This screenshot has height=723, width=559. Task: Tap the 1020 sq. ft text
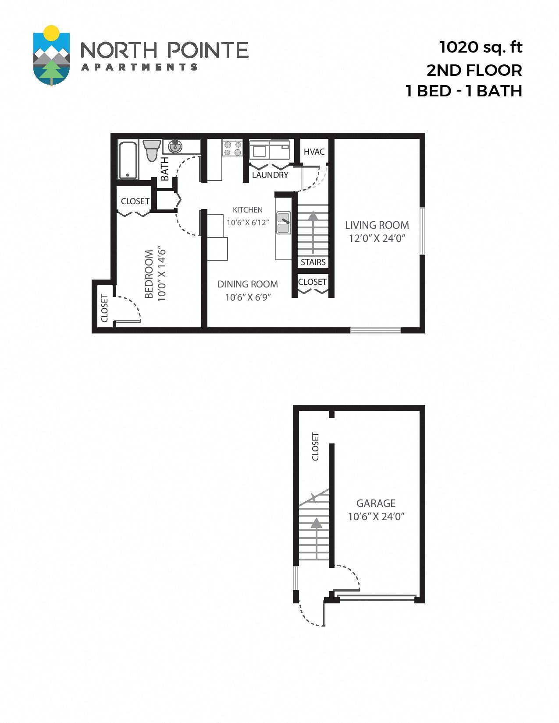click(481, 47)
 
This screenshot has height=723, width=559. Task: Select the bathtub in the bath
click(128, 160)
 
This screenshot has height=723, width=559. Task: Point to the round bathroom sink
click(175, 146)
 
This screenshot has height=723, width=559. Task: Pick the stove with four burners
click(232, 148)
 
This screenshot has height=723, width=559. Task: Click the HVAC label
click(314, 152)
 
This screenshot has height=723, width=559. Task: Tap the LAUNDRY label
click(270, 175)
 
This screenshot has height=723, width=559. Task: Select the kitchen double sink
click(283, 223)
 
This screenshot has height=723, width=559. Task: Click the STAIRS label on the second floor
click(313, 262)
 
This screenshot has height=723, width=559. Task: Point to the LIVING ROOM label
click(377, 225)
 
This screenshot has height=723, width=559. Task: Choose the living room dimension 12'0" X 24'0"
click(377, 238)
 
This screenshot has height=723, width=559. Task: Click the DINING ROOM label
click(248, 284)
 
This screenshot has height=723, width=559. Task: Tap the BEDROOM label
click(149, 274)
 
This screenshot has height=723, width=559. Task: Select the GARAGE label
click(376, 503)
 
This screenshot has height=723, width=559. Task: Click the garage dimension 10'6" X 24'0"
click(376, 517)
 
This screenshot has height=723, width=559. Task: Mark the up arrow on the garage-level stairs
click(316, 523)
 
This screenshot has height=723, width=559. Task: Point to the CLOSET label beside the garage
click(315, 447)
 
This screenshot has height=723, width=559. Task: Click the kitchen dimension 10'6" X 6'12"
click(248, 223)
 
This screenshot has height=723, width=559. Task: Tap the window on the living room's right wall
click(422, 231)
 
